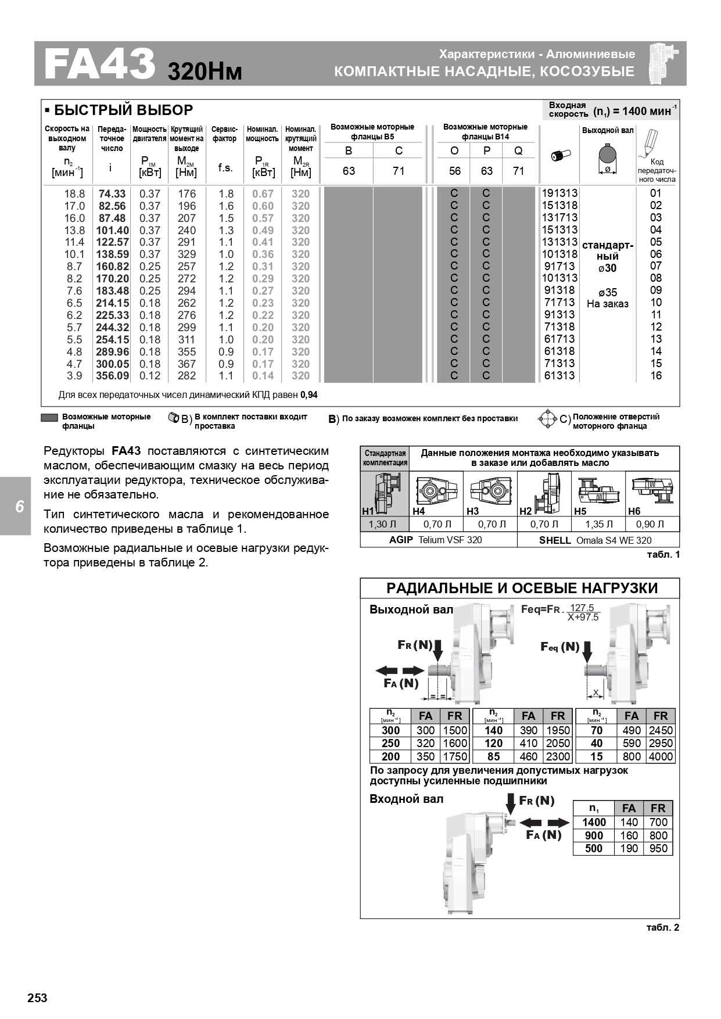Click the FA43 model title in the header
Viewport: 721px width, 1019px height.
pyautogui.click(x=99, y=64)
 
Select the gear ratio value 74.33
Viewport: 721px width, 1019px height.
pyautogui.click(x=112, y=194)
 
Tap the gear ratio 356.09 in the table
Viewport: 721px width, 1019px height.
pyautogui.click(x=112, y=376)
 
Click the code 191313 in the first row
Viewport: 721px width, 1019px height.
pyautogui.click(x=559, y=193)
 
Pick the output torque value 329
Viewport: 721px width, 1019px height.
pyautogui.click(x=186, y=254)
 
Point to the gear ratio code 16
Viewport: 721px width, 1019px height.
pyautogui.click(x=656, y=376)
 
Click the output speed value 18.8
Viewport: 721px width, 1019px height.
pyautogui.click(x=74, y=194)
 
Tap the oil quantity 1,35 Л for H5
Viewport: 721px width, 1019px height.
pyautogui.click(x=598, y=525)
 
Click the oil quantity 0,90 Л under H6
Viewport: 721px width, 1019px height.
pyautogui.click(x=650, y=525)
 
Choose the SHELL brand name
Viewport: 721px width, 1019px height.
pyautogui.click(x=555, y=540)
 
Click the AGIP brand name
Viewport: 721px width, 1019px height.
pyautogui.click(x=401, y=540)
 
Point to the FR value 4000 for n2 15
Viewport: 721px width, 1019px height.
pyautogui.click(x=661, y=757)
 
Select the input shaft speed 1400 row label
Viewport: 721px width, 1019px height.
pyautogui.click(x=594, y=823)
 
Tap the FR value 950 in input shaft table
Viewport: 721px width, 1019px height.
pyautogui.click(x=658, y=849)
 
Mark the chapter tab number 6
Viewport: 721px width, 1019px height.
pyautogui.click(x=19, y=507)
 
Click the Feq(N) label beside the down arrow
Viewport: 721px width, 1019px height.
pyautogui.click(x=559, y=647)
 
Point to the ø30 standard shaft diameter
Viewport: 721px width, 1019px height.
pyautogui.click(x=607, y=268)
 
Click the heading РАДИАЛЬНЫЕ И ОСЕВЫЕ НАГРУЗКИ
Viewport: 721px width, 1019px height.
pyautogui.click(x=522, y=589)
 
